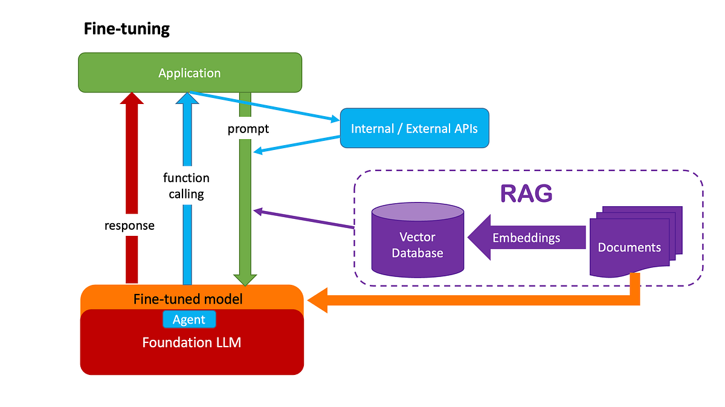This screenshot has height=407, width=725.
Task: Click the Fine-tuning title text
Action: click(x=127, y=28)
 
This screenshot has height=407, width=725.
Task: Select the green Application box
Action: click(x=190, y=73)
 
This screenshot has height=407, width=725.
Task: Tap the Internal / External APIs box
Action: click(x=414, y=128)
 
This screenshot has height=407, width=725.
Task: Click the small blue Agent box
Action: click(x=189, y=319)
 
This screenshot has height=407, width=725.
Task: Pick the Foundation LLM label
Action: click(x=192, y=342)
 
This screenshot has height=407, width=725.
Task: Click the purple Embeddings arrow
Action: click(x=526, y=238)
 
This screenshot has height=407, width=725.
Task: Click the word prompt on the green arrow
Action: click(x=248, y=129)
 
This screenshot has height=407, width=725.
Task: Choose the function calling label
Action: click(x=186, y=186)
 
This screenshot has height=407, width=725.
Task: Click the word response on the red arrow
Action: click(x=129, y=226)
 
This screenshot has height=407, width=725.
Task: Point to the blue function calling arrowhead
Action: click(x=187, y=99)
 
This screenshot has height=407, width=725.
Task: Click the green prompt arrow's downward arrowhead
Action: click(x=246, y=279)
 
